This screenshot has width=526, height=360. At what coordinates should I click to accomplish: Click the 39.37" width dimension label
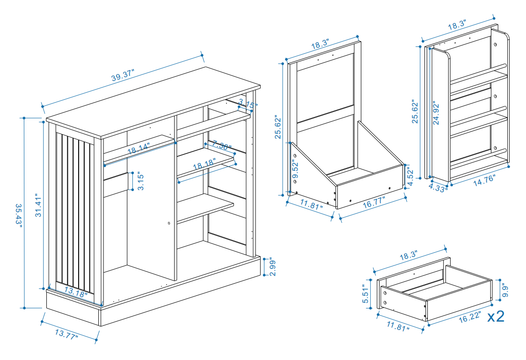(123, 75)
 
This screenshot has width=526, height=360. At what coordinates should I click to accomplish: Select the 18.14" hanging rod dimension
(138, 149)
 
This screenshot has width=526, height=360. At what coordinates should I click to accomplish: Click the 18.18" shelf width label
(205, 166)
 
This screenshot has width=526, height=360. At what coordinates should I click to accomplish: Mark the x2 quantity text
(496, 316)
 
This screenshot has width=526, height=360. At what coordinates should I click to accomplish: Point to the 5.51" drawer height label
(367, 294)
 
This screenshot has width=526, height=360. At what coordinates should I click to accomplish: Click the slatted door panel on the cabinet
(75, 211)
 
